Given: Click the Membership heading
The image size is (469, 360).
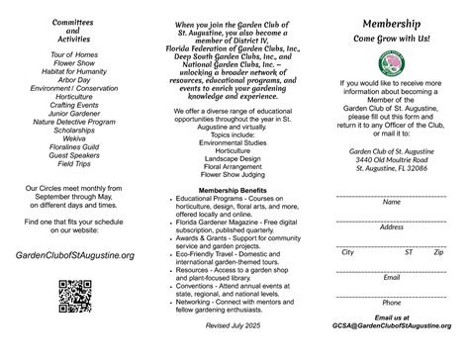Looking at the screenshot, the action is pyautogui.click(x=391, y=20).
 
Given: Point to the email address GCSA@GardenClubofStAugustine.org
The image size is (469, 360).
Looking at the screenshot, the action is pyautogui.click(x=391, y=325).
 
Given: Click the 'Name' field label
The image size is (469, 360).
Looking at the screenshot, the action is pyautogui.click(x=391, y=202).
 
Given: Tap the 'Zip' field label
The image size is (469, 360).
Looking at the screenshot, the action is pyautogui.click(x=438, y=252).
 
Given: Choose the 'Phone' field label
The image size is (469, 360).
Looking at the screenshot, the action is pyautogui.click(x=391, y=302).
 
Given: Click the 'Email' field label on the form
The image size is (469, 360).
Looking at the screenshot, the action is pyautogui.click(x=391, y=277).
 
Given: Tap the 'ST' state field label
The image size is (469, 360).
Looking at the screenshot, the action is pyautogui.click(x=409, y=252).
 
